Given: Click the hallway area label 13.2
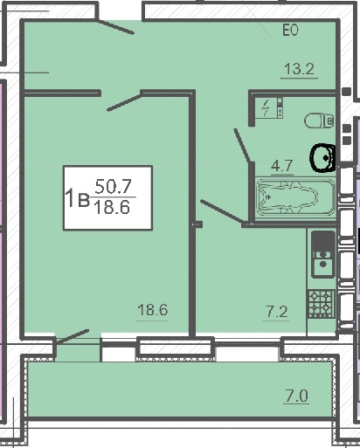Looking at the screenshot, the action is coord(299,69).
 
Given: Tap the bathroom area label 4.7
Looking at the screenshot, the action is coord(281,166).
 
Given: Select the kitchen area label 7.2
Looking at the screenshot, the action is coord(276,312).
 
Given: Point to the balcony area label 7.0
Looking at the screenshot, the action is coord(296,396).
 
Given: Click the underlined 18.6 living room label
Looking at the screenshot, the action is coord(153,310).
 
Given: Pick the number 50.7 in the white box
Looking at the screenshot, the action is coord(113,187).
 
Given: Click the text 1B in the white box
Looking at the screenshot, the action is coord(78,198).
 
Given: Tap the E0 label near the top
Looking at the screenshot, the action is coord(290,30).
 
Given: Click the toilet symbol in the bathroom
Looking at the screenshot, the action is coord(319,121).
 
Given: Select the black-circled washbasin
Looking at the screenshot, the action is coord(322,157).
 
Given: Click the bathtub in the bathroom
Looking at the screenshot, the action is coord(295,197).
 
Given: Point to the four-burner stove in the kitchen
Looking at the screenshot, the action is coord(322,304).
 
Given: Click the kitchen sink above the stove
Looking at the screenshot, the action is coord(323,254).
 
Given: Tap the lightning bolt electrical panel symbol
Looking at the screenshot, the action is coord(266,107).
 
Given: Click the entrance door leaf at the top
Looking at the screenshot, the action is coord(114,26).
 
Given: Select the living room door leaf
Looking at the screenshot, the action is coord(125,101).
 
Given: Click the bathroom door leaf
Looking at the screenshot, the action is coord(242,145).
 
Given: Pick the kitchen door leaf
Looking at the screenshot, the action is coord(222,212).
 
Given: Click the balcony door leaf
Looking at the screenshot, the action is coord(73,337).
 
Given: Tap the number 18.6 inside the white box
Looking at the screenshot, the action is coord(113,208).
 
